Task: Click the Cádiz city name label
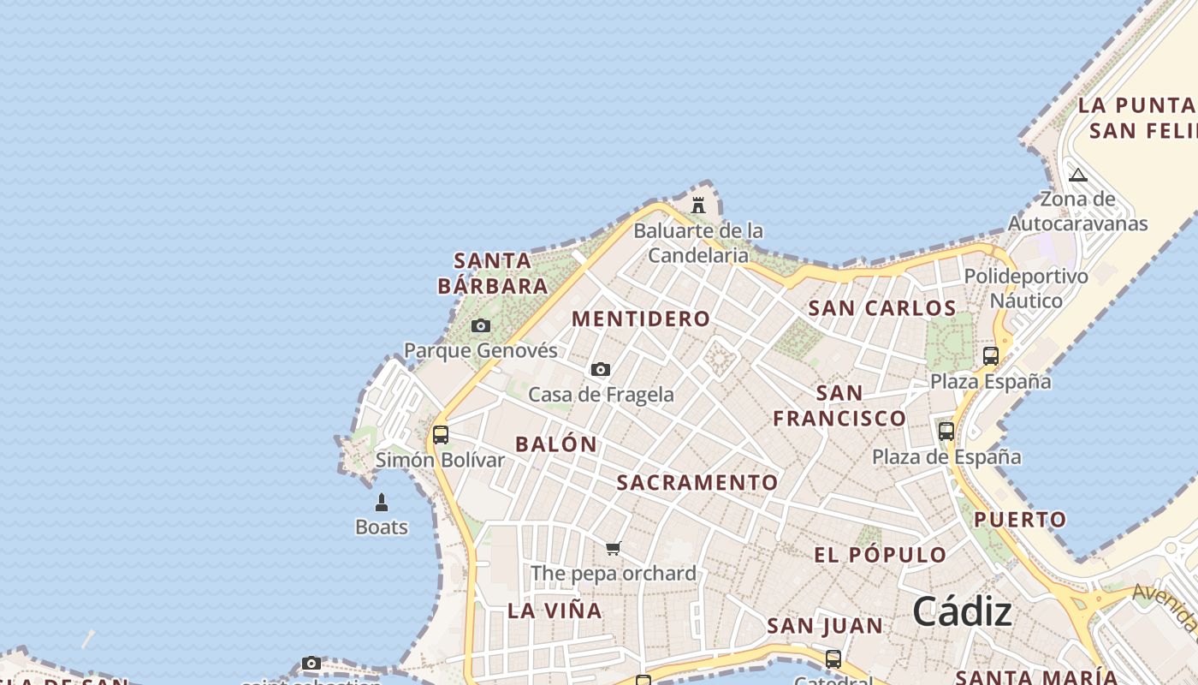click(962, 611)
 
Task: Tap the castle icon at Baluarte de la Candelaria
click(698, 205)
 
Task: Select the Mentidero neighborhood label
click(641, 319)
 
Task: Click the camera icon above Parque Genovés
click(481, 325)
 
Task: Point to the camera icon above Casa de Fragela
click(601, 369)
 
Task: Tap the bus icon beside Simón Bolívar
click(441, 434)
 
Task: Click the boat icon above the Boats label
click(382, 503)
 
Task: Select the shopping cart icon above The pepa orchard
click(613, 548)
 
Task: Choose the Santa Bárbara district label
click(493, 273)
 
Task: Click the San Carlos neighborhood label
click(882, 308)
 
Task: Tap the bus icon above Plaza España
click(991, 355)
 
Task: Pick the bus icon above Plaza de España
click(946, 431)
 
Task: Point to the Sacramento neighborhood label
click(697, 482)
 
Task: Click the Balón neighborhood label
click(556, 444)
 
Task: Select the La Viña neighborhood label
click(555, 611)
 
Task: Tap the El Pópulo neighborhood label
click(881, 555)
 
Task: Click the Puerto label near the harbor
click(1020, 519)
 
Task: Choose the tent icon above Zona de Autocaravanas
click(1078, 175)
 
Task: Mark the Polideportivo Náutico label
click(1026, 289)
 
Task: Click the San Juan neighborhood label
click(825, 626)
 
